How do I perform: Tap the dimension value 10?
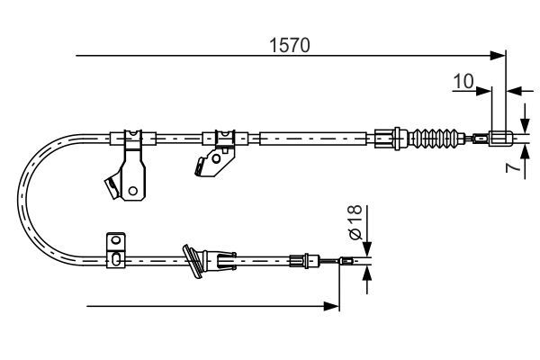click(463, 82)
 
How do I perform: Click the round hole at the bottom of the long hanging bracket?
click(132, 190)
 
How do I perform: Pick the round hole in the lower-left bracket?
click(114, 241)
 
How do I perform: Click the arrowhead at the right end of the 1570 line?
click(500, 57)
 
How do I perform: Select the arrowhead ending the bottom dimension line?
click(334, 306)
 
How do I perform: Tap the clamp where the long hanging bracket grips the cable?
click(131, 139)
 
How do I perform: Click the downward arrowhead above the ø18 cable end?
click(367, 251)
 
